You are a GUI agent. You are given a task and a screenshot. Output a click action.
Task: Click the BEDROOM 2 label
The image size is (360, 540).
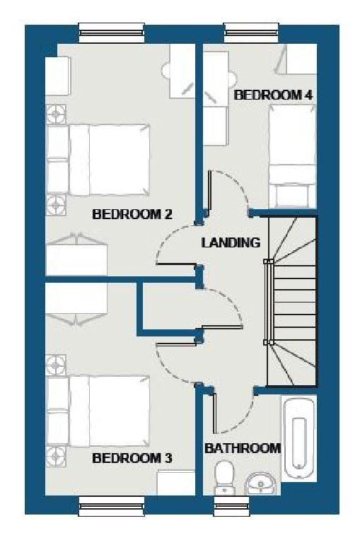(132, 214)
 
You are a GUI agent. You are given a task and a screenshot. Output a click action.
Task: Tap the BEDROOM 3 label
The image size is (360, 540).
(132, 458)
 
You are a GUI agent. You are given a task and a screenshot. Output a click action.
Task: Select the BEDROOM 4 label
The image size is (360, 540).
(274, 95)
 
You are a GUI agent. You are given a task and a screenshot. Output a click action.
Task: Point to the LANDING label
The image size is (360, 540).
(231, 242)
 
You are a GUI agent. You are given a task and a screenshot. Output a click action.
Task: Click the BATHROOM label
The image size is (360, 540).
(243, 448)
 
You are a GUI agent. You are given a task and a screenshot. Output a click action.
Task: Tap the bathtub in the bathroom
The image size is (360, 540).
(299, 438)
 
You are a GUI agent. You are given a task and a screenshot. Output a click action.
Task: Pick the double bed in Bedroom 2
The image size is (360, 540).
(98, 160)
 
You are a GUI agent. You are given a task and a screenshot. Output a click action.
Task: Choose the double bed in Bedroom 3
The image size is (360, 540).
(98, 411)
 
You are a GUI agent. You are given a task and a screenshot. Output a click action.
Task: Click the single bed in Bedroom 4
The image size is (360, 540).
(293, 157)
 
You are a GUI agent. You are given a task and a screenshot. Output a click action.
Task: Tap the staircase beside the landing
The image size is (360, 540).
(292, 301)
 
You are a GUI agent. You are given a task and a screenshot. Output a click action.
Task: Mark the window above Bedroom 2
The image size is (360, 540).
(111, 33)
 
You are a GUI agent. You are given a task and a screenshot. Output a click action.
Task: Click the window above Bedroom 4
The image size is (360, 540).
(252, 33)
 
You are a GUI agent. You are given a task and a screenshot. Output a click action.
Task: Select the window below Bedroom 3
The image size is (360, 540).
(111, 505)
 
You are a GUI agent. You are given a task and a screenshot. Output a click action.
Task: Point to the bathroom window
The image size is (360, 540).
(232, 505)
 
